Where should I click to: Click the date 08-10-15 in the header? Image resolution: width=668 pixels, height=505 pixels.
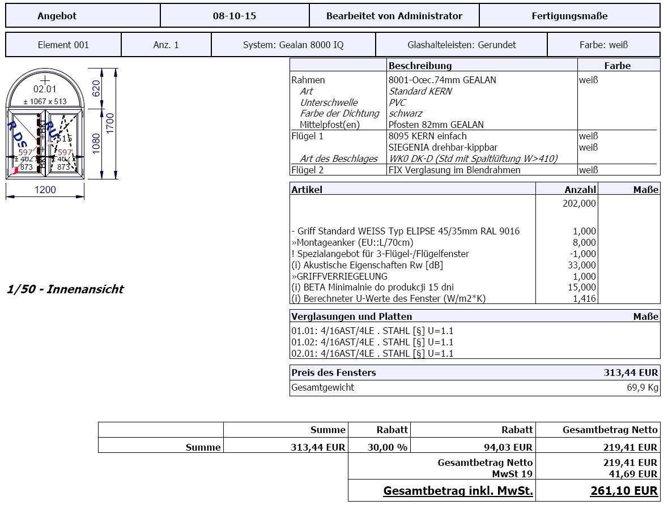pyautogui.click(x=235, y=16)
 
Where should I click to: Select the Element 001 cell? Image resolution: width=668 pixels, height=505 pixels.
pyautogui.click(x=63, y=45)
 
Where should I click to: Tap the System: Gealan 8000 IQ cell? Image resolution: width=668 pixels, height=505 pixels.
pyautogui.click(x=293, y=45)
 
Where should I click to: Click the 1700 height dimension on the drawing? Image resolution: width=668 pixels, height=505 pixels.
pyautogui.click(x=110, y=123)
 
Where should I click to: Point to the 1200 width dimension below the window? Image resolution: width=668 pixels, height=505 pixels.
pyautogui.click(x=45, y=190)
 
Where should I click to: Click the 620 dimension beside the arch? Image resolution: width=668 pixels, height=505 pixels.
pyautogui.click(x=96, y=88)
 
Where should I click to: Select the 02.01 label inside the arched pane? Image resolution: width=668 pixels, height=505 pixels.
pyautogui.click(x=45, y=89)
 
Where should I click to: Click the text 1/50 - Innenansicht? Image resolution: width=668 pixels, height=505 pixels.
pyautogui.click(x=65, y=289)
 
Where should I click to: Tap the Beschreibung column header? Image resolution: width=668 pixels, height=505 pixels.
pyautogui.click(x=420, y=66)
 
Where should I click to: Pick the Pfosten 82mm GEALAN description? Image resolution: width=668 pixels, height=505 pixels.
pyautogui.click(x=436, y=125)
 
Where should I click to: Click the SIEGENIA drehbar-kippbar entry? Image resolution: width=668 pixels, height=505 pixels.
pyautogui.click(x=443, y=147)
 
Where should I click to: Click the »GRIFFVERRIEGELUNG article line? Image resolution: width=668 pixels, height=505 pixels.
pyautogui.click(x=339, y=276)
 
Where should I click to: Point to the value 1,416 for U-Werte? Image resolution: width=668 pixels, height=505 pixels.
pyautogui.click(x=584, y=298)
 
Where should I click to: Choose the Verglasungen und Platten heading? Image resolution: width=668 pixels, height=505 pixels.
pyautogui.click(x=351, y=316)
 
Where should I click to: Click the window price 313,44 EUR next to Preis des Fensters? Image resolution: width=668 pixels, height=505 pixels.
pyautogui.click(x=631, y=373)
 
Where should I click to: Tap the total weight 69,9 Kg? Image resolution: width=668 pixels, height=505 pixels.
pyautogui.click(x=642, y=388)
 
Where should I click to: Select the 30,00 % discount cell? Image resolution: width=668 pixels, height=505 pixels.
pyautogui.click(x=387, y=447)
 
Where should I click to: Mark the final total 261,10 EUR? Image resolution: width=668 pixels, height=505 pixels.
pyautogui.click(x=624, y=491)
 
